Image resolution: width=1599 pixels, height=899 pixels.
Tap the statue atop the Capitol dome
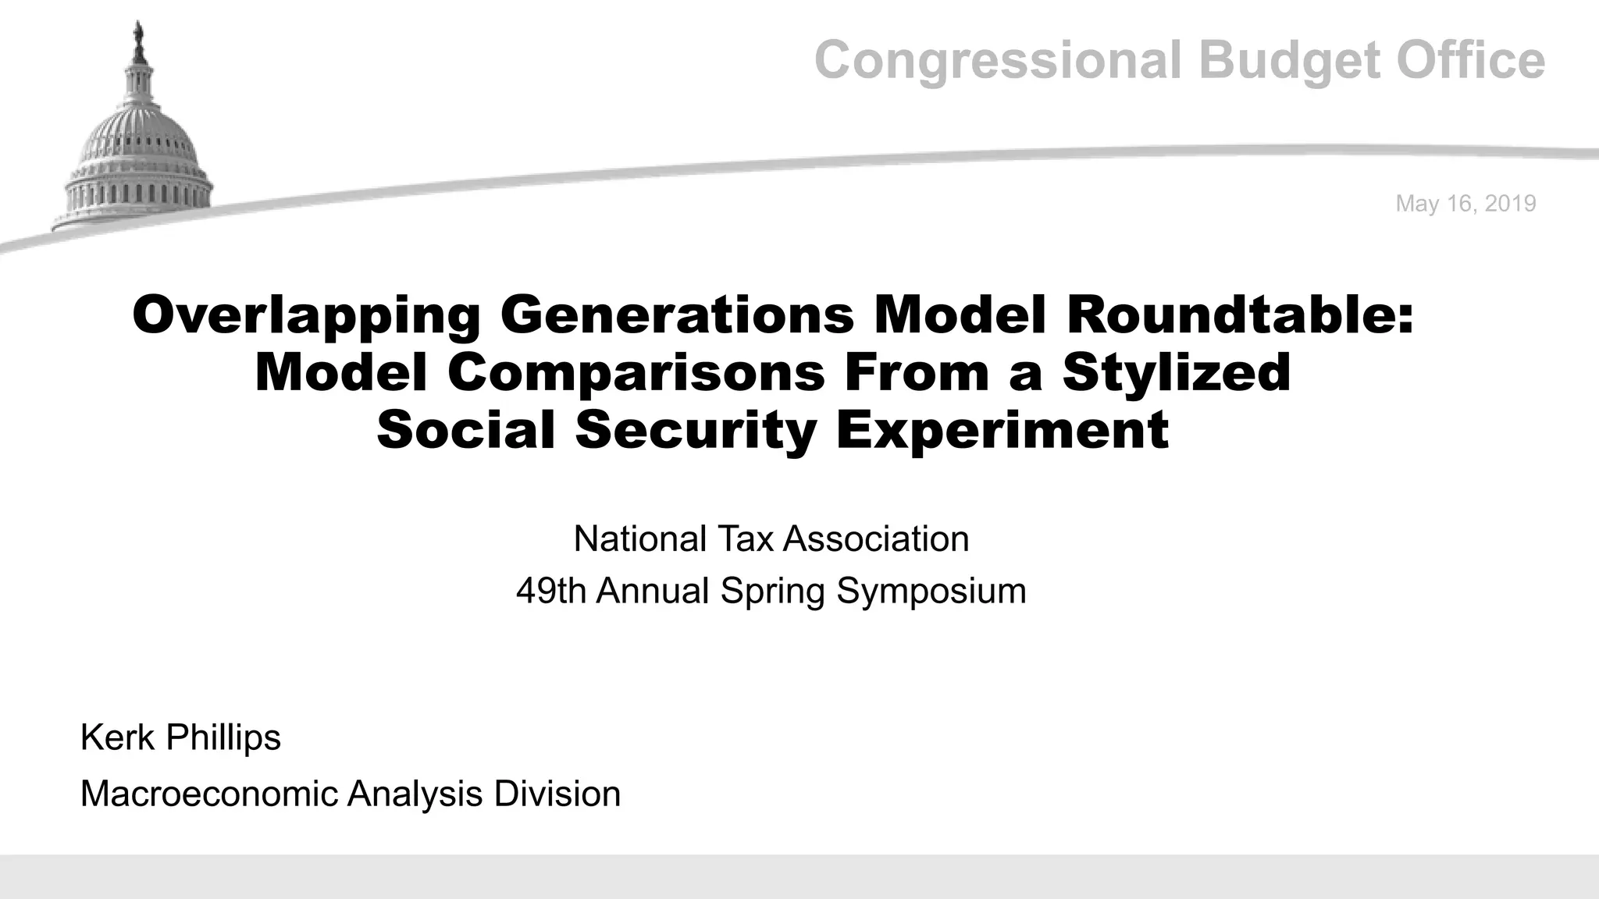[140, 35]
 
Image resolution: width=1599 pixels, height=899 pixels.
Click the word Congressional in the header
[998, 61]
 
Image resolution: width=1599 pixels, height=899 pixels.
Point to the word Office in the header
[1470, 61]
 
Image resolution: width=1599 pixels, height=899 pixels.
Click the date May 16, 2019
[1465, 204]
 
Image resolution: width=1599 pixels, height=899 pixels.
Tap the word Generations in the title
[677, 315]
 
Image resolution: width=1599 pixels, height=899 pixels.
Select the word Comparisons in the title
[636, 372]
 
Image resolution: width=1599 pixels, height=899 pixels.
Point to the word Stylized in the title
[1177, 372]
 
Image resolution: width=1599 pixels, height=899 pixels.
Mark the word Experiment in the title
[1002, 430]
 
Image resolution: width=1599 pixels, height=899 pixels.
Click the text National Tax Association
[771, 539]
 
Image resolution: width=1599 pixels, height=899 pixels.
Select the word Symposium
[931, 591]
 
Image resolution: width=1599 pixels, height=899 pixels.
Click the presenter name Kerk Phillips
[180, 737]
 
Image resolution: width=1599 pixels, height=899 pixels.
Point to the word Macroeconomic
[209, 794]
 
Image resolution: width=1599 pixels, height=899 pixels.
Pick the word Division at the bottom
[557, 794]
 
